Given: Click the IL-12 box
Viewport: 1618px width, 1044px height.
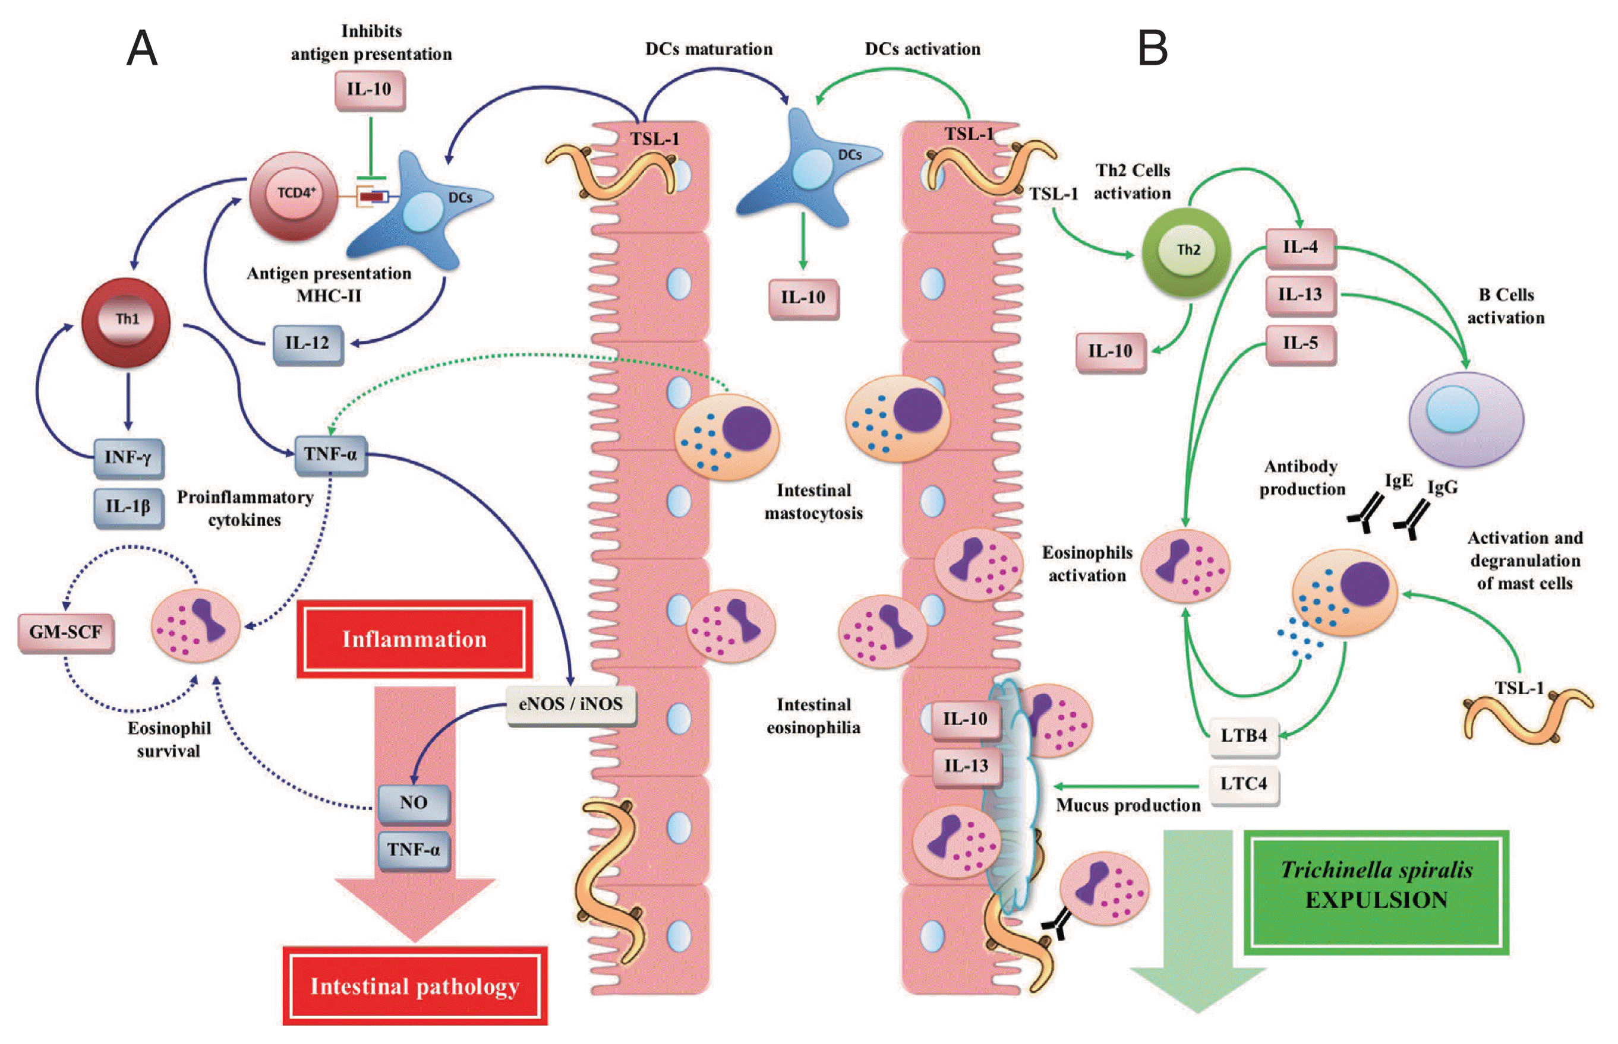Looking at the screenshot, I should point(308,344).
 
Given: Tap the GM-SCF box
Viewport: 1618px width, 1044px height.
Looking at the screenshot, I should point(66,632).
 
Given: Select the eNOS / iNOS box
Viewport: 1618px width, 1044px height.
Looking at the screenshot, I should point(570,704).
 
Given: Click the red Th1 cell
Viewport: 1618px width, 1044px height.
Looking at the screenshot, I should point(126,321).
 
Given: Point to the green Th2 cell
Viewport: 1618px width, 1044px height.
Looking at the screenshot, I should point(1186,252).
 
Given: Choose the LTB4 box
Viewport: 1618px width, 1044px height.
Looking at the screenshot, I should point(1244,736).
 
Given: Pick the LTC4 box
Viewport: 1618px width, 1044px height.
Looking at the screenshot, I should point(1244,784).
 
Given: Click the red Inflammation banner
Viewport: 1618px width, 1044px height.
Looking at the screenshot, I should point(414,639).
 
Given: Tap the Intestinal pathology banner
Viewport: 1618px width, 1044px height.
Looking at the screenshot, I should point(415,986).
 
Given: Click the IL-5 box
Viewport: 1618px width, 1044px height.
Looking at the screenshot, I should point(1300,344).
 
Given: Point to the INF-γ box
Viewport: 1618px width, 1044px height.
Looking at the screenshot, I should point(128,458).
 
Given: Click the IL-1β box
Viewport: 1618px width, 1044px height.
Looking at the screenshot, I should point(128,507).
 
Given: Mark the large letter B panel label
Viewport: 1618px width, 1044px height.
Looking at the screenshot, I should point(1153,49).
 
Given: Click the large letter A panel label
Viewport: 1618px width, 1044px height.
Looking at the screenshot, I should point(143,49).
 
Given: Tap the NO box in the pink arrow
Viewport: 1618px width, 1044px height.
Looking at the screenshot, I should point(414,803).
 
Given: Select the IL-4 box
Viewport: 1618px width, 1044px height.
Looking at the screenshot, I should point(1300,248).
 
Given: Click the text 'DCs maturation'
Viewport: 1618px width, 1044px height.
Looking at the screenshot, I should point(709,49).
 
